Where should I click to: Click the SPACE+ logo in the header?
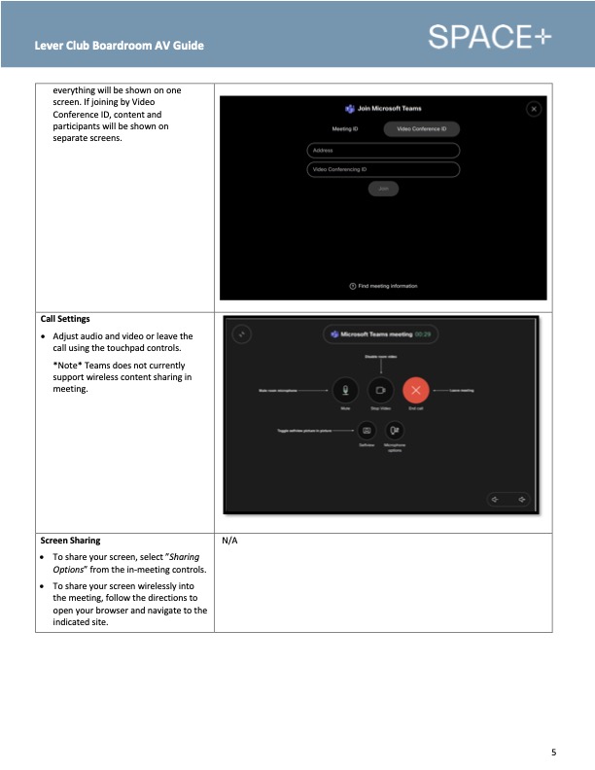point(489,37)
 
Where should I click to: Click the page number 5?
point(553,752)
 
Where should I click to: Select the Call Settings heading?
point(65,319)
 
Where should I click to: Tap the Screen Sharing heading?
point(70,540)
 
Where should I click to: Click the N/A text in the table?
point(230,541)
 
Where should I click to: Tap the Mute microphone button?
point(345,390)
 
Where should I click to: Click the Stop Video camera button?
point(380,390)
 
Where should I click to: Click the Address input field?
point(383,151)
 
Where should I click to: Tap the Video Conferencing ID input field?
point(383,169)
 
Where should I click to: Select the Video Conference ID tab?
point(421,128)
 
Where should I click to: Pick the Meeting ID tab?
point(345,128)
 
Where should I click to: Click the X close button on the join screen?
point(533,109)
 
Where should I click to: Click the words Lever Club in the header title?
point(61,46)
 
